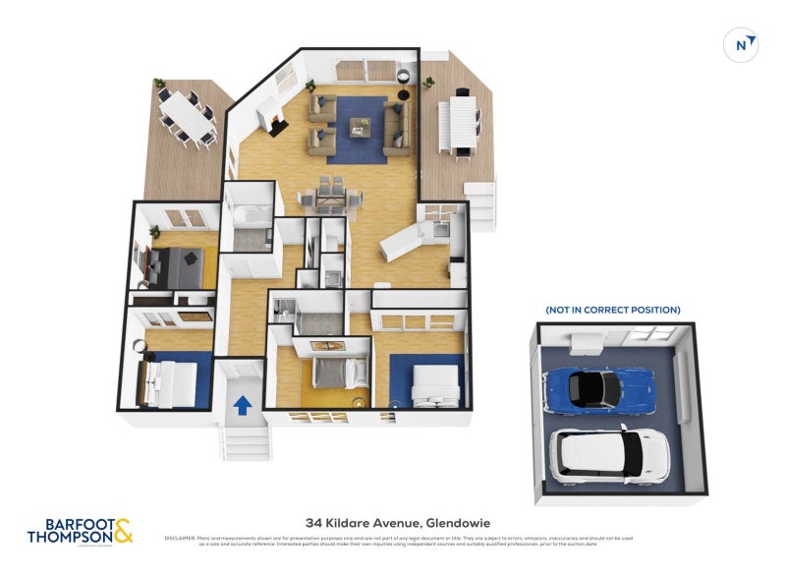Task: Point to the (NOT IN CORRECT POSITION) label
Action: [x=613, y=310]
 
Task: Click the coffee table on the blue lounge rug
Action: [x=360, y=128]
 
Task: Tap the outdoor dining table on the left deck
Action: [x=190, y=116]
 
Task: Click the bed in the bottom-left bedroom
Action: [x=164, y=378]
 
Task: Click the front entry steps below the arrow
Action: [x=244, y=437]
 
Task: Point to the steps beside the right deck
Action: [x=483, y=206]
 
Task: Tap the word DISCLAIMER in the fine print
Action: [x=182, y=538]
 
